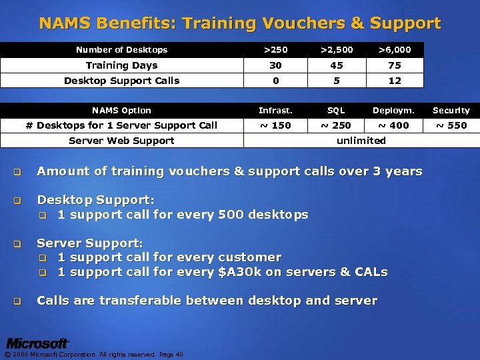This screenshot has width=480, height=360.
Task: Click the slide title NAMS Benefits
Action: coord(239,24)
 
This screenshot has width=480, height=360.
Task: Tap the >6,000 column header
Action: coord(395,49)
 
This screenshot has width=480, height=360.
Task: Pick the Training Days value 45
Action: coord(337,65)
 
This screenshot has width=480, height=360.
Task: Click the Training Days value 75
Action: coord(395,65)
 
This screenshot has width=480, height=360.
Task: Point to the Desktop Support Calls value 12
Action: coord(395,81)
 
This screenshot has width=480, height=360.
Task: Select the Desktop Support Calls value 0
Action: coord(275,81)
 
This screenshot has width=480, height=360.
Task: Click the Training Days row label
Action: coord(121,65)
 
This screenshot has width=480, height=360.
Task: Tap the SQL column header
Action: coord(336,111)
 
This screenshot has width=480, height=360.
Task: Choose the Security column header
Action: coord(451,111)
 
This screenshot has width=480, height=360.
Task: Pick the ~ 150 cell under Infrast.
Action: coord(275,125)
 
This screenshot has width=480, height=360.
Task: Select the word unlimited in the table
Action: coord(361,141)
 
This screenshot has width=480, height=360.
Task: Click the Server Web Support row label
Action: coord(121,141)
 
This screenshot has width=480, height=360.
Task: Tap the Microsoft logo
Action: coord(37,343)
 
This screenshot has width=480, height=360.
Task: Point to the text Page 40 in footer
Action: coord(171,354)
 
